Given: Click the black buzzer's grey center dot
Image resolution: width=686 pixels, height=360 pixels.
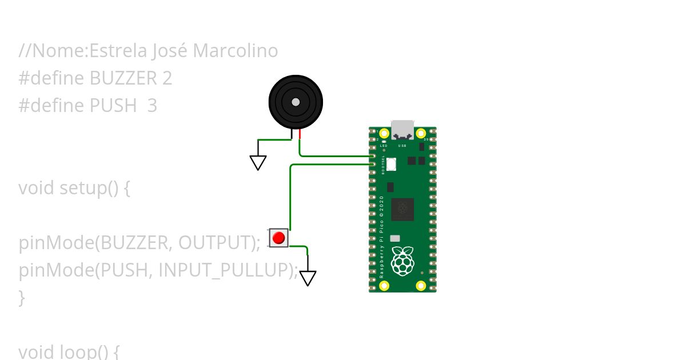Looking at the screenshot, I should (x=296, y=102).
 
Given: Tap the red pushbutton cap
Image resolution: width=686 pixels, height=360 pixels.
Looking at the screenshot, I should (x=278, y=238).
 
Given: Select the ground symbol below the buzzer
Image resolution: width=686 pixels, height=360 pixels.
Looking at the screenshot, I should (x=258, y=163).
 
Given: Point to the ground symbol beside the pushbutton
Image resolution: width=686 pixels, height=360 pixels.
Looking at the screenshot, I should (x=308, y=278).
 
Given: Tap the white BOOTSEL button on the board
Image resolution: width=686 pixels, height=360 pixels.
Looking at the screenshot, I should (x=391, y=164).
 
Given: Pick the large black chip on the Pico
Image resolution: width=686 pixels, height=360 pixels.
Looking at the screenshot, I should (x=402, y=209).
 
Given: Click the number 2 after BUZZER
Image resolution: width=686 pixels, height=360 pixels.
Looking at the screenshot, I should (x=167, y=78).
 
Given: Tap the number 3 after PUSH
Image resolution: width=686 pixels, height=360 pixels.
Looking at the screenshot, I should (x=152, y=106).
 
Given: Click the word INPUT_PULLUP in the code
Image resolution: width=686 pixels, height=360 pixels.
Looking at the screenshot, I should (x=228, y=270).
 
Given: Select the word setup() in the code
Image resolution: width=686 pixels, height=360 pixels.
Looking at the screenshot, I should (x=89, y=188).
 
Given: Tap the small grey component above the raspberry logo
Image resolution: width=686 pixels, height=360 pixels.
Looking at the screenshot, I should (x=395, y=238).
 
